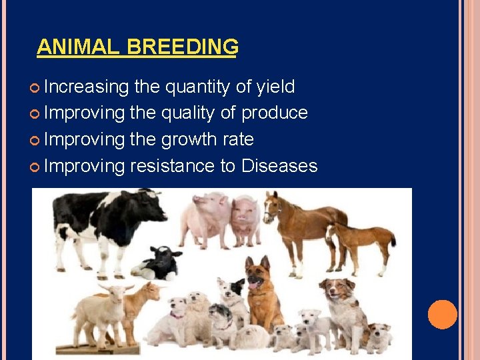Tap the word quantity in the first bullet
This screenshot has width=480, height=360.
tap(197, 87)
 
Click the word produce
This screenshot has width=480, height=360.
tap(274, 113)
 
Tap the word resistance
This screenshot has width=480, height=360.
tap(172, 166)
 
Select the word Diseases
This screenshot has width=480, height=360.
tap(279, 166)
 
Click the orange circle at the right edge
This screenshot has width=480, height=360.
tap(442, 315)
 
